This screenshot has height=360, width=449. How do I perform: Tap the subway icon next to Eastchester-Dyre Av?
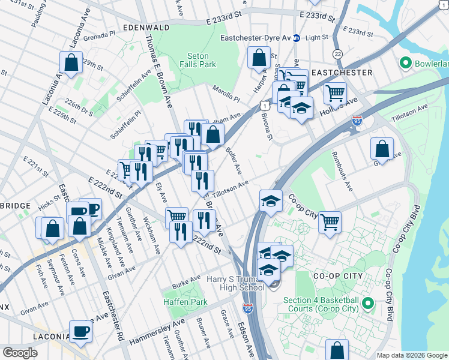(x=296, y=38)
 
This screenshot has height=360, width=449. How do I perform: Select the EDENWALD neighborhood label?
(x=144, y=28)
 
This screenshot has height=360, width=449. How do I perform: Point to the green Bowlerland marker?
(x=405, y=62)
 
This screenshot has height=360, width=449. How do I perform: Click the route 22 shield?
(x=338, y=54)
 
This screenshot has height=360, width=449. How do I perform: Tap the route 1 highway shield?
(x=264, y=105)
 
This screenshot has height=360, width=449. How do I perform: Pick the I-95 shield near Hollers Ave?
(x=357, y=122)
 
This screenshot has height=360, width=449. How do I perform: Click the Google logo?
(x=20, y=352)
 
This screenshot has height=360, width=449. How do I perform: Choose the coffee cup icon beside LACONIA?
(x=80, y=331)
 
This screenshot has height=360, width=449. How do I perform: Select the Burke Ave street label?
(x=187, y=280)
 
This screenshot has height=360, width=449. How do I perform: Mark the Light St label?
(x=317, y=37)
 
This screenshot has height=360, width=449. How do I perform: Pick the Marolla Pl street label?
(x=226, y=93)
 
